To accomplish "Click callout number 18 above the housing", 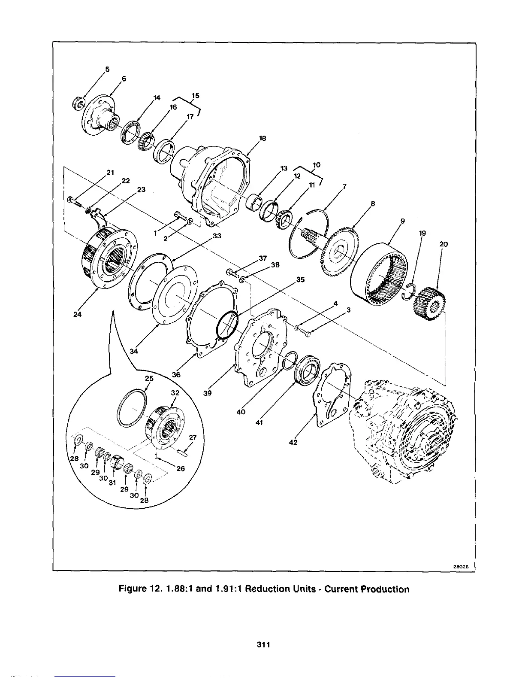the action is point(262,138).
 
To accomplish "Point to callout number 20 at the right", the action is point(444,244).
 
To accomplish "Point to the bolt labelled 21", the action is point(73,200).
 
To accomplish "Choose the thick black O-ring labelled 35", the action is point(227,325).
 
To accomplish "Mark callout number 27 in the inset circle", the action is point(192,437).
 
